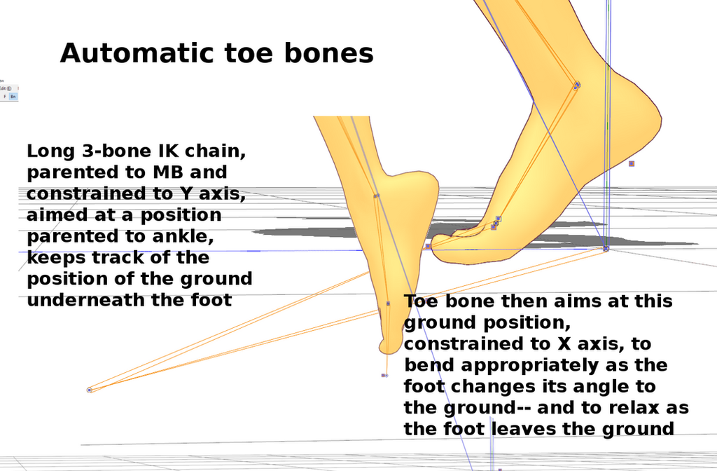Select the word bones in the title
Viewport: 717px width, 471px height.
329,53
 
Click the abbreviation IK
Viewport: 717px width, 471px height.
168,151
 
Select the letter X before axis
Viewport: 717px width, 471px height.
564,343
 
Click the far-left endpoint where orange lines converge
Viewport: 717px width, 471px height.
90,390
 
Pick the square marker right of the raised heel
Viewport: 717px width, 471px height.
632,163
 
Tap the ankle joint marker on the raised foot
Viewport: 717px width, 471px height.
577,85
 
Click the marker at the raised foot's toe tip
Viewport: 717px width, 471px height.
428,246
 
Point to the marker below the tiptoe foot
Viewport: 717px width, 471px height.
384,376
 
